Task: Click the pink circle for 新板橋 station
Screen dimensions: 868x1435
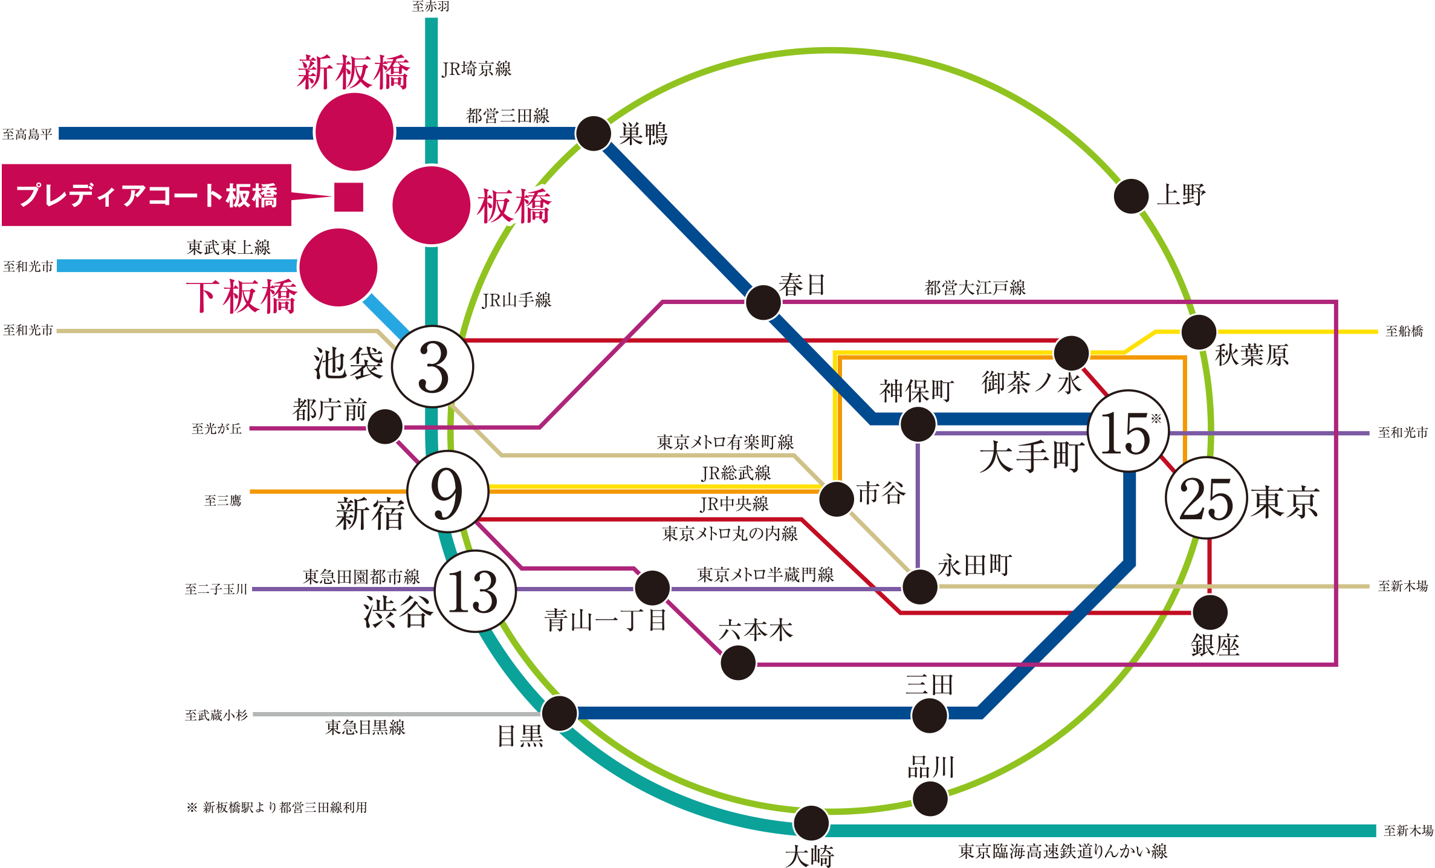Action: coord(354,132)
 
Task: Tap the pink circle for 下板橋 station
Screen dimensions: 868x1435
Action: coord(339,267)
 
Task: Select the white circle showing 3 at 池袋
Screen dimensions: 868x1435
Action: coord(433,367)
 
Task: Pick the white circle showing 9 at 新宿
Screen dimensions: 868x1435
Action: coord(447,491)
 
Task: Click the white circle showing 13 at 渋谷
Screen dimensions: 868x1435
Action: coord(475,591)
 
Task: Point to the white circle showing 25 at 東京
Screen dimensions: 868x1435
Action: coord(1206,499)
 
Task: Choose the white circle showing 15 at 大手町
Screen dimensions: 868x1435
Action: coord(1128,432)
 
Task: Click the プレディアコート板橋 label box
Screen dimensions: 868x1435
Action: coord(147,195)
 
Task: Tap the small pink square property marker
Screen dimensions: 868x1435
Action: coord(349,197)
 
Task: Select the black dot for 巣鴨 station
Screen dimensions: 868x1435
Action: coord(593,133)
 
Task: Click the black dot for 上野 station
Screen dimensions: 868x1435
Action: coord(1131,196)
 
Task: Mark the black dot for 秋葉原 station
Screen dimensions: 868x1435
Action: coord(1199,331)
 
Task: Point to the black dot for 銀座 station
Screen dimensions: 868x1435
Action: coord(1210,612)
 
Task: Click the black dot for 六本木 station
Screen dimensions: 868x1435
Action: coord(738,662)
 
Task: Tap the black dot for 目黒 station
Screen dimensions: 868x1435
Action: coord(559,713)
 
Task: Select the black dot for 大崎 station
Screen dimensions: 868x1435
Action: coord(811,823)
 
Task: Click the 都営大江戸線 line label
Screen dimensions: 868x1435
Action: coord(975,288)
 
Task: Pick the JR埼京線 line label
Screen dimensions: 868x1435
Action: coord(476,69)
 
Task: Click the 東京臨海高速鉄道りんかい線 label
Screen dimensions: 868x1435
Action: coord(1063,851)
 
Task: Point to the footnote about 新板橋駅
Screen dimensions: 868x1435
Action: coord(277,808)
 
